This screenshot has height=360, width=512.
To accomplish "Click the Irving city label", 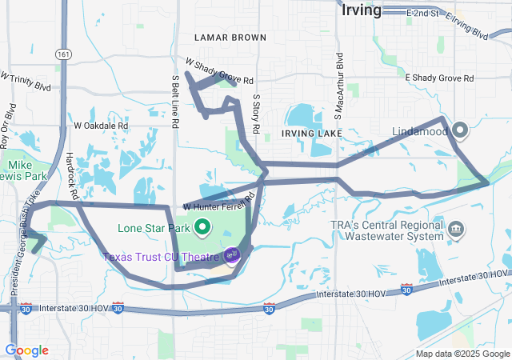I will click(x=361, y=10).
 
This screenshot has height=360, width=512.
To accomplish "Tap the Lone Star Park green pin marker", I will click(x=203, y=227).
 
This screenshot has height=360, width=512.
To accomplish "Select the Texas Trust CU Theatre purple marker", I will click(x=232, y=255).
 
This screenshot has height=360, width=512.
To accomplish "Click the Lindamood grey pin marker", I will click(x=461, y=128).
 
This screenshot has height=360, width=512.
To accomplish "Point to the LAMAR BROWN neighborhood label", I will click(x=231, y=38).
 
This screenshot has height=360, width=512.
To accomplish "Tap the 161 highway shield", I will click(x=64, y=54).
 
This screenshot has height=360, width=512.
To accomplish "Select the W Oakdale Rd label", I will click(x=101, y=126).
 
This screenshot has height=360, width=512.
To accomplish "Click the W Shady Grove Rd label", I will click(x=219, y=71).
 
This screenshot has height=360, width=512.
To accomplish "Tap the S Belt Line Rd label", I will click(x=175, y=100).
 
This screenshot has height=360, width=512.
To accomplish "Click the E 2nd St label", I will click(x=423, y=14).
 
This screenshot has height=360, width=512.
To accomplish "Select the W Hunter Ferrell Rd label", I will click(x=218, y=203).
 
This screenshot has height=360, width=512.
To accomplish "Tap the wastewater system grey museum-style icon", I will click(x=456, y=230).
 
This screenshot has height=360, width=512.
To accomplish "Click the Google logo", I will click(x=27, y=350).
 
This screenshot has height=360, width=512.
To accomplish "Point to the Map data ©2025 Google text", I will click(x=462, y=354).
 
